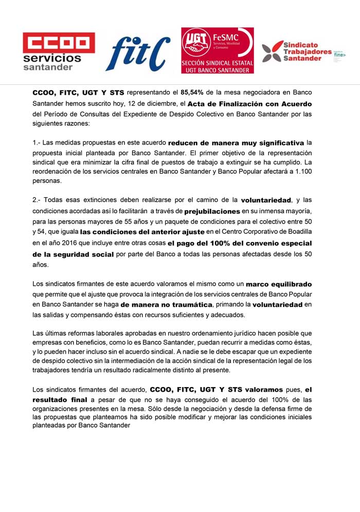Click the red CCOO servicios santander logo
point(59,51)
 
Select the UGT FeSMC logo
point(217,50)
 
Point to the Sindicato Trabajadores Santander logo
point(303,51)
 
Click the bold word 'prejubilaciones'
point(211,211)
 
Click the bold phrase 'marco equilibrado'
point(279,283)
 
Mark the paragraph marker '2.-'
point(38,200)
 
